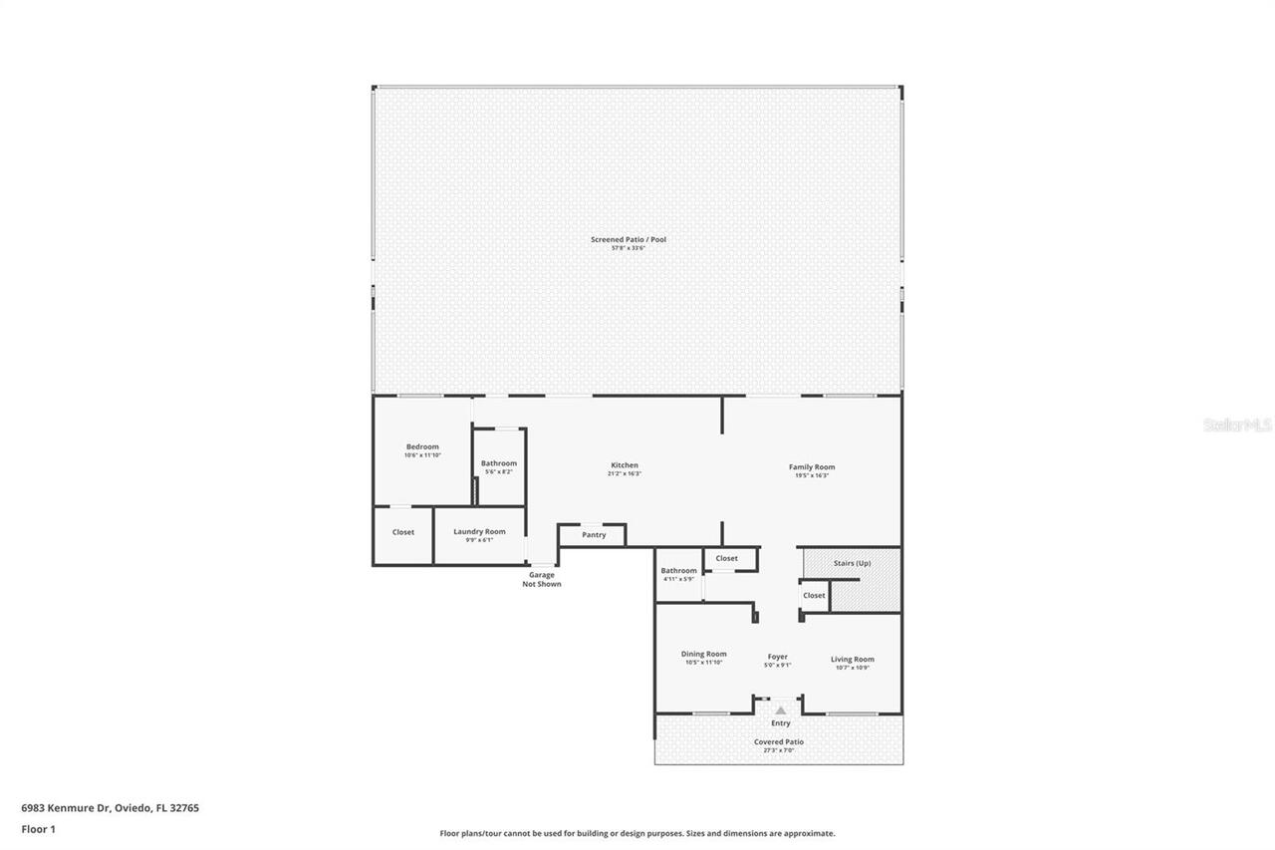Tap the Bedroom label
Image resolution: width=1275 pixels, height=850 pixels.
[422, 447]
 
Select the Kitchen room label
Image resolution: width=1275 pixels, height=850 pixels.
[625, 465]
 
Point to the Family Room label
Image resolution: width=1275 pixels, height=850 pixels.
[811, 466]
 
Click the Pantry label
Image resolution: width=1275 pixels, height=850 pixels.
[594, 535]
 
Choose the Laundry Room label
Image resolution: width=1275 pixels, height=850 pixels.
[479, 532]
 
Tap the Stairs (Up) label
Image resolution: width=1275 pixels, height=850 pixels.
[852, 563]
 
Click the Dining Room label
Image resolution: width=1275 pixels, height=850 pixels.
[703, 655]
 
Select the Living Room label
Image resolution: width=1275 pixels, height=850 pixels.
[852, 659]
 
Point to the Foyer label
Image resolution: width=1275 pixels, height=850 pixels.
[778, 657]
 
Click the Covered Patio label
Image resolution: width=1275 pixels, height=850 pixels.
[779, 741]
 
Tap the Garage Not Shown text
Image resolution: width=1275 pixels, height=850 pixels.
[542, 579]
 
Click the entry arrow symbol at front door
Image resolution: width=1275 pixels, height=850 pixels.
[781, 710]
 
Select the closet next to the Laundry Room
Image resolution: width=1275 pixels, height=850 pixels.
[402, 532]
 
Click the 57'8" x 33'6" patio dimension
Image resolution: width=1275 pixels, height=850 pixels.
[628, 248]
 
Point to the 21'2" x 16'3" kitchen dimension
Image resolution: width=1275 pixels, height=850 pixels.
[625, 474]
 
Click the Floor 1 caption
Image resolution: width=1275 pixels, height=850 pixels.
[39, 828]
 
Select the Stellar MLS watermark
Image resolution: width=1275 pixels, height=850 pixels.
[1237, 425]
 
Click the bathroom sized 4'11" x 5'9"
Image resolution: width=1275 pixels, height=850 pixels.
[679, 574]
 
